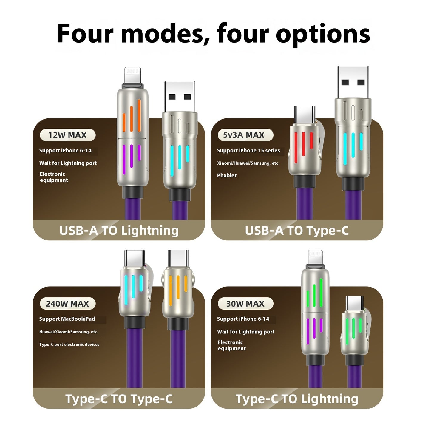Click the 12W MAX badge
[67, 135]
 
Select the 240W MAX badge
[67, 304]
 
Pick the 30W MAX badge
[245, 304]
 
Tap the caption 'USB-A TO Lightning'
[119, 231]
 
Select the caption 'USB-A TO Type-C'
[297, 231]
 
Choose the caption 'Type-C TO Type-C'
[119, 399]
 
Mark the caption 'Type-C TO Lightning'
[297, 399]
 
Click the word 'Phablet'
[227, 175]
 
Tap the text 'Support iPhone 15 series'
[248, 151]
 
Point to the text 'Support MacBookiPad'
[67, 319]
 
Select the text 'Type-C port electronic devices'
[69, 345]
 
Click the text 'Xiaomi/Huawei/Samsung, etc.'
[248, 163]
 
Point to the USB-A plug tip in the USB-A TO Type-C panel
[353, 82]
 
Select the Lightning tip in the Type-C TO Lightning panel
[315, 257]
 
